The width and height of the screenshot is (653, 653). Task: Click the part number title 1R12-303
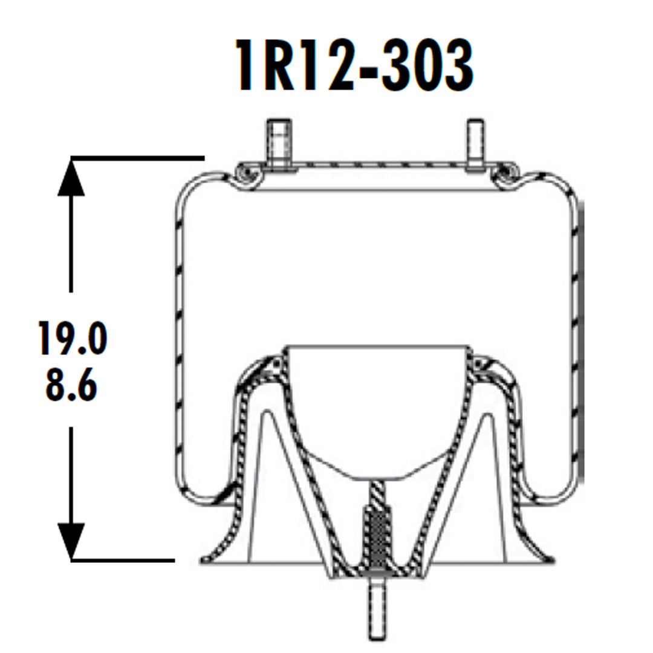click(x=355, y=67)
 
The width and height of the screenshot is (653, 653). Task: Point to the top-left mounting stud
click(x=278, y=145)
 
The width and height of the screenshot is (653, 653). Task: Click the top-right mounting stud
click(x=475, y=145)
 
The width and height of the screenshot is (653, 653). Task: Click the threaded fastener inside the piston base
click(x=375, y=532)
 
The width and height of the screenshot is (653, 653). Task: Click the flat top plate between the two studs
click(x=375, y=166)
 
